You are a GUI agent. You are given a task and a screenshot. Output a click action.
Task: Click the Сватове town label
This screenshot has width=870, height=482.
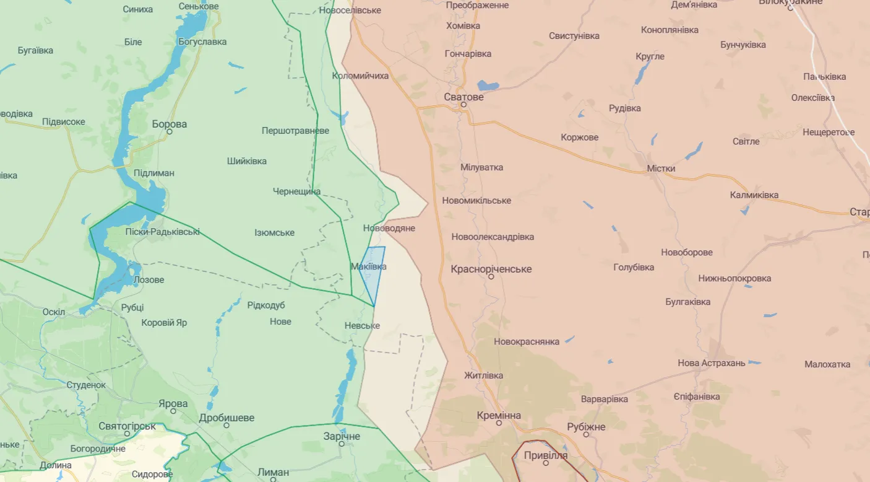coord(463,97)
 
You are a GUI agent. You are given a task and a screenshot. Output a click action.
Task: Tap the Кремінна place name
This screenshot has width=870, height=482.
coord(499,415)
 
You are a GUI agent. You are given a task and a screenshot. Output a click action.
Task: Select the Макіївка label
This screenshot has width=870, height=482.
coord(368,266)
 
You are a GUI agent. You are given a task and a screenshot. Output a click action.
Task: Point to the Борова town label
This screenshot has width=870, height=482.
coord(169,124)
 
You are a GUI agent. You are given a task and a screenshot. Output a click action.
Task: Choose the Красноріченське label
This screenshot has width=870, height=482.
coord(491,269)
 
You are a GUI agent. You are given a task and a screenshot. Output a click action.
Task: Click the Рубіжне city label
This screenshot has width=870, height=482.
coord(586,426)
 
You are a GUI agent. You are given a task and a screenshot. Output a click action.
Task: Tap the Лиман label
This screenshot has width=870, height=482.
coord(273,471)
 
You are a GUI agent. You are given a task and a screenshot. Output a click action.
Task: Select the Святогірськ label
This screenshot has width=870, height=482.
coord(127,426)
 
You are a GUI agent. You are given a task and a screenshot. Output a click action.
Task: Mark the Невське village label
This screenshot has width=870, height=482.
coord(363,325)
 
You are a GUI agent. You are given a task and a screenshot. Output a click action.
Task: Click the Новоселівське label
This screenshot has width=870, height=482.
coord(350,10)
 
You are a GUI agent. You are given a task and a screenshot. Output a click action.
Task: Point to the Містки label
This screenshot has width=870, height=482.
coord(661,168)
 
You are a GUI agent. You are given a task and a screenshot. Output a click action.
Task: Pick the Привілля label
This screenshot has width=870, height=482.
coord(545,455)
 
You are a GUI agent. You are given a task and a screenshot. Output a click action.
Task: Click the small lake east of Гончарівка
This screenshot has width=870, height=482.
coord(488,85)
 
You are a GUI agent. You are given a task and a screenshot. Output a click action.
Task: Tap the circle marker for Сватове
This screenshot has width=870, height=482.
coord(463,105)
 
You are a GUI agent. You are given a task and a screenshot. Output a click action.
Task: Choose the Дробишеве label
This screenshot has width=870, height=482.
coord(226,418)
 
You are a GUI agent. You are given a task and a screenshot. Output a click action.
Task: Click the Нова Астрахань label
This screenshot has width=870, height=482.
coord(711,362)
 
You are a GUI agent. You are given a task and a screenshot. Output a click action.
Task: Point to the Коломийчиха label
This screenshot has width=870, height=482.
coord(360,76)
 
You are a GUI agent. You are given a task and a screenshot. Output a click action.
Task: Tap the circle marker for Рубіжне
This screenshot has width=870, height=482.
coord(586,434)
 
